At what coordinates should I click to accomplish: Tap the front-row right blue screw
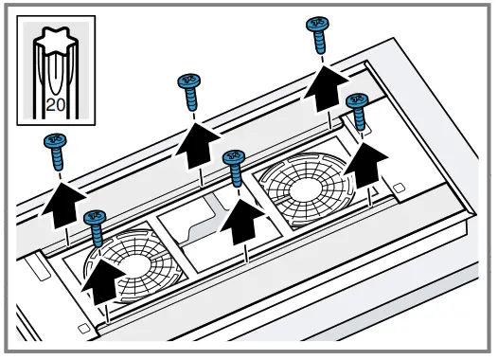pos(358,111)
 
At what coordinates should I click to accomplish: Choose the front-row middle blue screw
pos(233,168)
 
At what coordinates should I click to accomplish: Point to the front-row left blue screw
pos(95,227)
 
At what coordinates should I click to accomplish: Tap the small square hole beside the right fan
pos(399,188)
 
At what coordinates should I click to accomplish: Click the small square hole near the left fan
pos(84,327)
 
